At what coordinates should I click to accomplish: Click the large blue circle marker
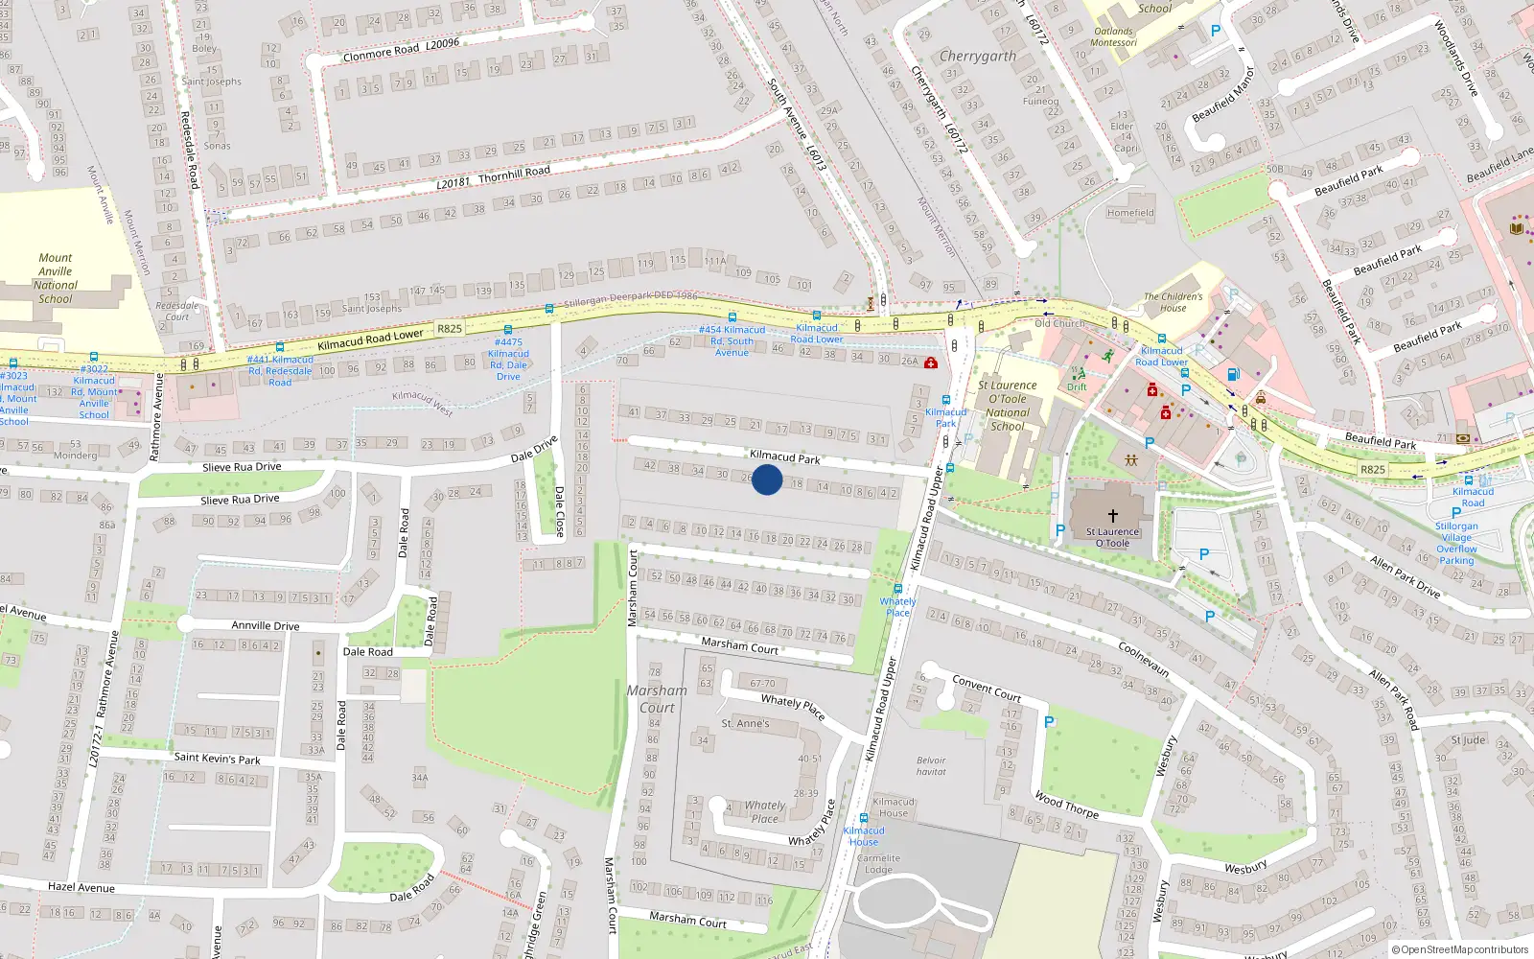tap(767, 479)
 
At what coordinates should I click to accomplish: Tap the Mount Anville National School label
tap(56, 278)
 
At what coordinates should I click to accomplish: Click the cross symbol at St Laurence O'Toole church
tap(1112, 516)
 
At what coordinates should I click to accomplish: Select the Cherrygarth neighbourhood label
tap(978, 57)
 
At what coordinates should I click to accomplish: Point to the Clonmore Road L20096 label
tap(401, 50)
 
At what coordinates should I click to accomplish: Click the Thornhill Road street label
tap(494, 177)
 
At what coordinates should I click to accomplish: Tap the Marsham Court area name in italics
tap(657, 699)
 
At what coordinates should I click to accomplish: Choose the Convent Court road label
tap(987, 688)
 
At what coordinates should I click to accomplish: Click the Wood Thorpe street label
tap(1066, 805)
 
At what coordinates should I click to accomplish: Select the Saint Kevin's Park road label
tap(217, 759)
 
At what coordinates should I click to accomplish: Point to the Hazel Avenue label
tap(81, 887)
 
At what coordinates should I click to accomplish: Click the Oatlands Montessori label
tap(1114, 36)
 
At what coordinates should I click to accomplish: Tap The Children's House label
tap(1173, 302)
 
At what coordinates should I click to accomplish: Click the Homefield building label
tap(1130, 213)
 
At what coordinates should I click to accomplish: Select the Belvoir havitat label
tap(931, 766)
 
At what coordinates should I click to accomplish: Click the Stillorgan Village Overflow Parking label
tap(1456, 543)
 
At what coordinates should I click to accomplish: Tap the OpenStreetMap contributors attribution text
tap(1461, 949)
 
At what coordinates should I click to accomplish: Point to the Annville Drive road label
tap(266, 625)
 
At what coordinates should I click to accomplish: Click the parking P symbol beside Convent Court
tap(1049, 722)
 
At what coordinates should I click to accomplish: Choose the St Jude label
tap(1468, 739)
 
